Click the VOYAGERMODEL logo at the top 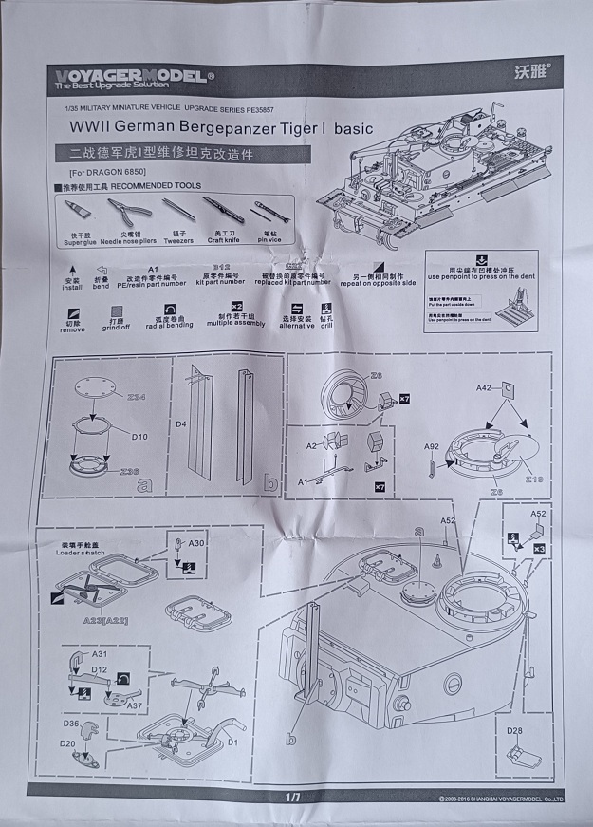point(134,77)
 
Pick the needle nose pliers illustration point(127,211)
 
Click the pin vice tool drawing point(269,212)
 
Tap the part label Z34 point(137,396)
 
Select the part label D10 point(139,436)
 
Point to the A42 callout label point(484,387)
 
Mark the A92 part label point(432,446)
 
